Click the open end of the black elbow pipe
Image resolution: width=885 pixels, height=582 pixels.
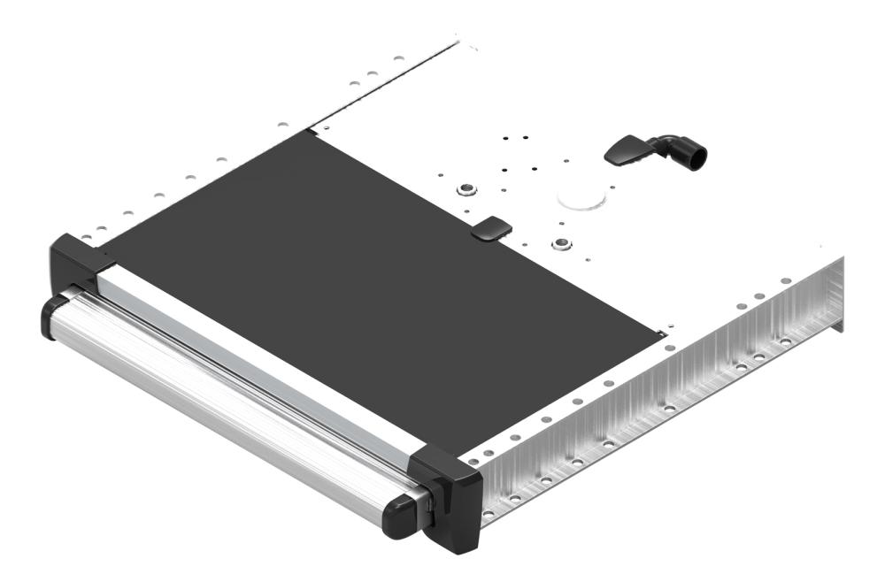698,157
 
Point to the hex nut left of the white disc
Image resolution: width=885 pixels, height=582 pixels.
465,188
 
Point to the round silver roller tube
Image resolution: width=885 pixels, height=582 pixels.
221,407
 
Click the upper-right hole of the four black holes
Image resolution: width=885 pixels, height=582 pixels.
525,139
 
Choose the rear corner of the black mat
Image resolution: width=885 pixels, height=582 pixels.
312,133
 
